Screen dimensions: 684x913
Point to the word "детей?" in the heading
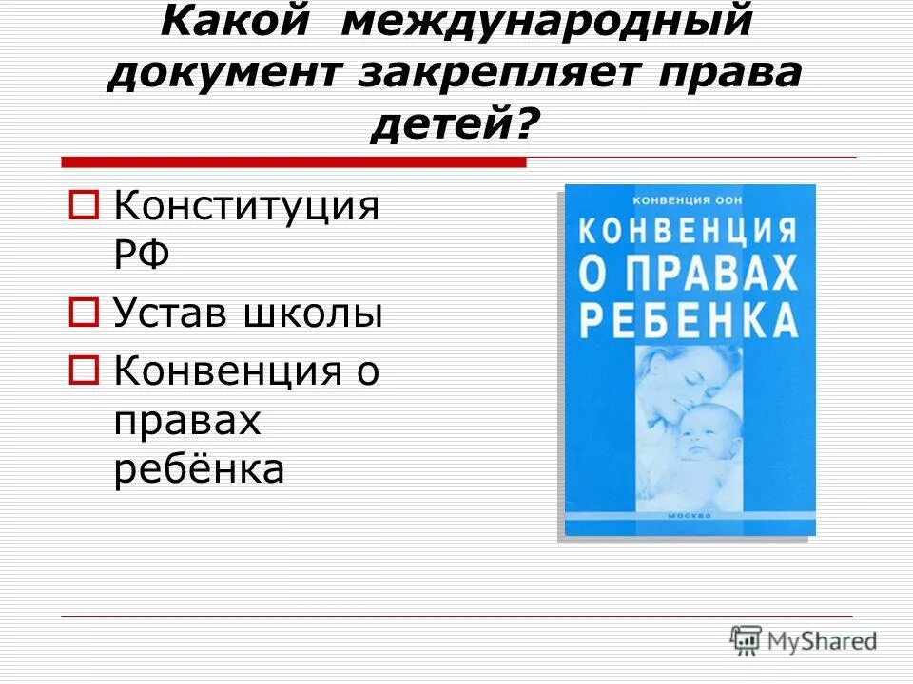click(x=456, y=124)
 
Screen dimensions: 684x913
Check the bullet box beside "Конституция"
click(x=86, y=203)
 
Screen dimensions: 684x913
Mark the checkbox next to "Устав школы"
click(x=86, y=312)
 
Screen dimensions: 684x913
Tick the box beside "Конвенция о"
click(x=86, y=370)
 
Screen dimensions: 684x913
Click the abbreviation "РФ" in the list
click(x=142, y=255)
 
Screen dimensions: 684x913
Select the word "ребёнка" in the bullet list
click(x=199, y=468)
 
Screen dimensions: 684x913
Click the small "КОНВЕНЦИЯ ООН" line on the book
click(x=687, y=199)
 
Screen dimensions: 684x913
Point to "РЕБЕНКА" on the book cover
click(x=689, y=320)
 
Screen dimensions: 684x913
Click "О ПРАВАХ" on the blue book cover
click(x=689, y=275)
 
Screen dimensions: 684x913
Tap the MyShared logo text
click(x=823, y=640)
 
